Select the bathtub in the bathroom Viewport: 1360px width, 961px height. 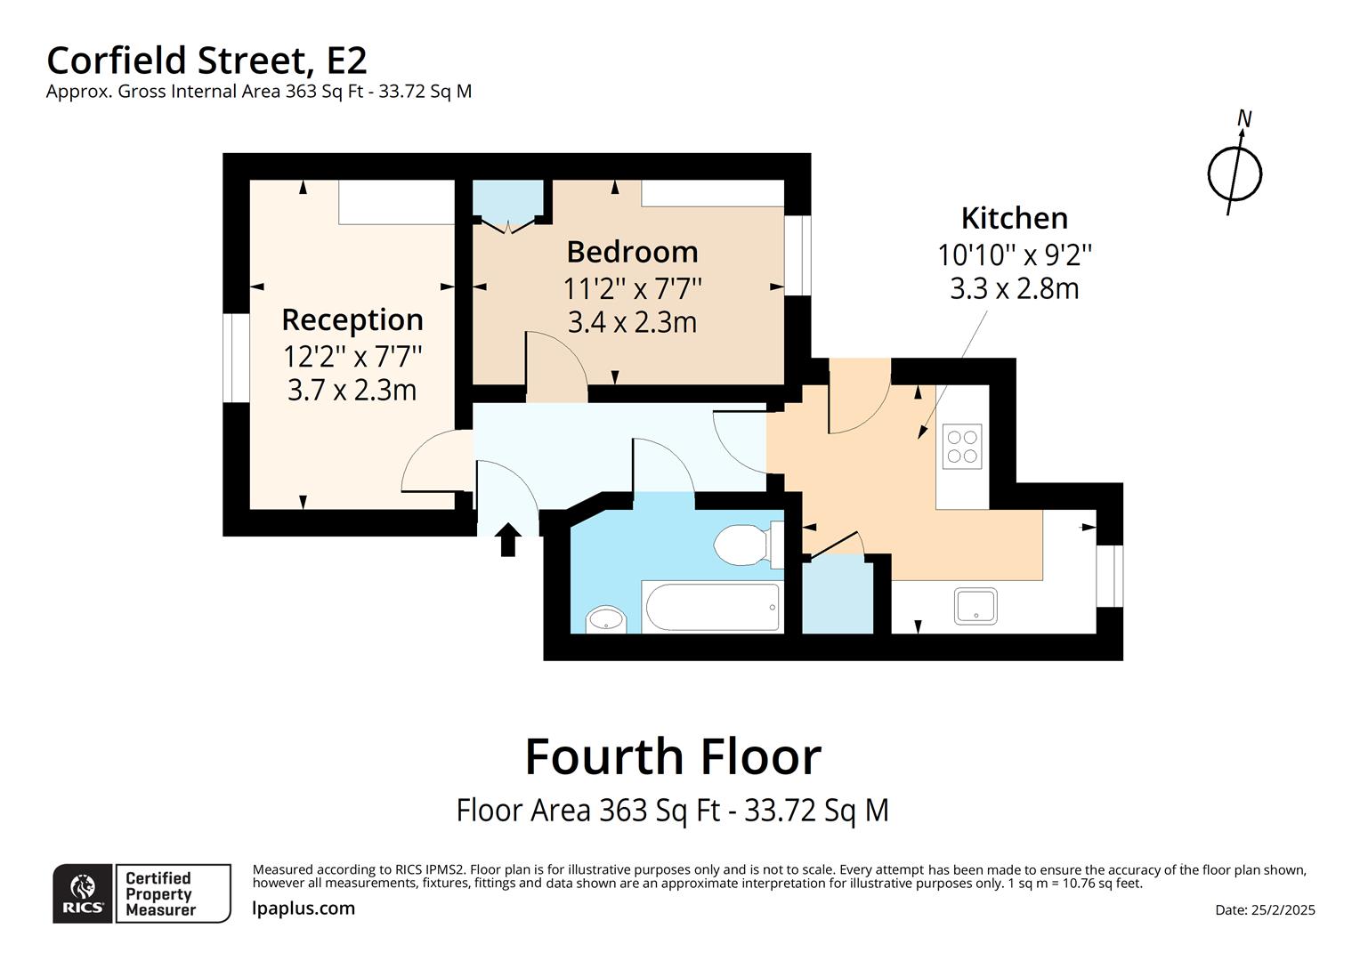(x=712, y=607)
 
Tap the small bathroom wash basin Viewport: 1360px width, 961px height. (x=606, y=618)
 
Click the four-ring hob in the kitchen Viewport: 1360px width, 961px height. (x=962, y=446)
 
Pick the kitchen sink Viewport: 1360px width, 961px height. (x=976, y=606)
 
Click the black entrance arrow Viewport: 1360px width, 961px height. (x=507, y=539)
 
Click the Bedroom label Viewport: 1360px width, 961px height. (x=632, y=252)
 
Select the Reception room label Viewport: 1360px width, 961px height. (x=352, y=319)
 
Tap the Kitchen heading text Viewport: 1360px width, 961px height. (x=1014, y=218)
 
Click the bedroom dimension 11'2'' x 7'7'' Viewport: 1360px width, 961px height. (x=632, y=288)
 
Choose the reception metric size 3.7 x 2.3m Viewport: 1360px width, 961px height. (x=352, y=390)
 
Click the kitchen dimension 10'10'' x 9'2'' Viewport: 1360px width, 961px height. (x=1014, y=255)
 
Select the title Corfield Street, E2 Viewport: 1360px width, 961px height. (x=206, y=61)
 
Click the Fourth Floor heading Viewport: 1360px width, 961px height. (x=673, y=757)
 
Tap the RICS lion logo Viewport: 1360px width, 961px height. (x=83, y=892)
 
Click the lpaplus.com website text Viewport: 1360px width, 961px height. (x=304, y=909)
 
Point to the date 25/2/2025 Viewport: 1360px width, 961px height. (x=1265, y=909)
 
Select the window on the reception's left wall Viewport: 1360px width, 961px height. (x=236, y=358)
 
